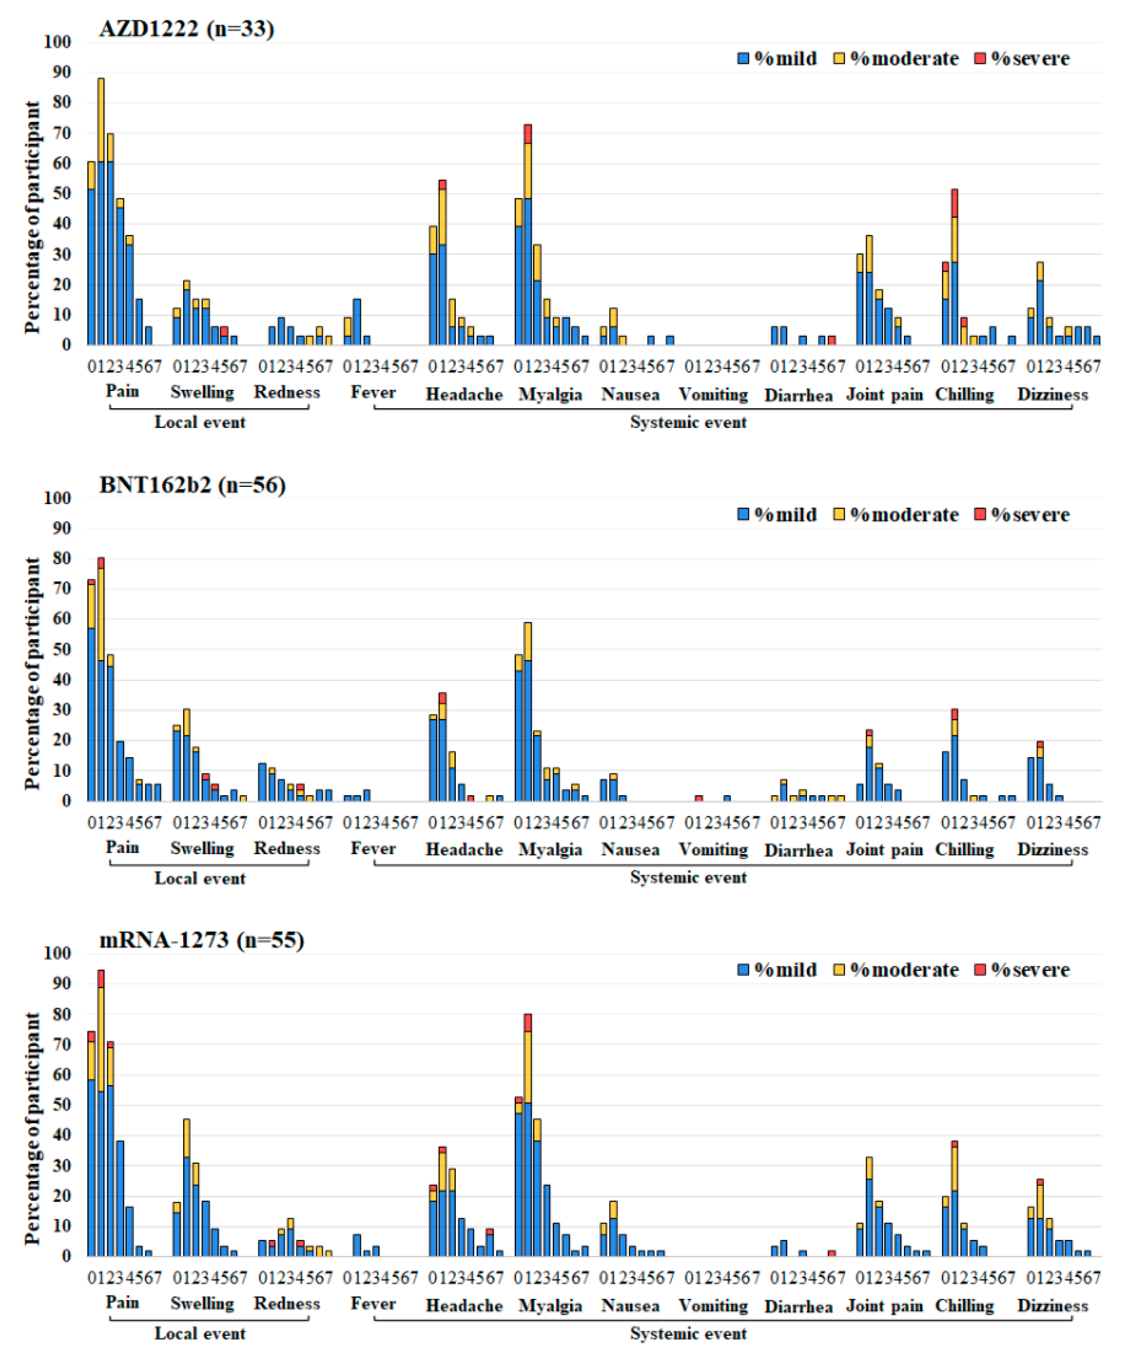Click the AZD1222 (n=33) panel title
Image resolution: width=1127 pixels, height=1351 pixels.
(187, 28)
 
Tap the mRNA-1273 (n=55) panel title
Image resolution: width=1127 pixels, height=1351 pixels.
(202, 940)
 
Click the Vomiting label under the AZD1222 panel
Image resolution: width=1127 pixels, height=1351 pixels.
(714, 394)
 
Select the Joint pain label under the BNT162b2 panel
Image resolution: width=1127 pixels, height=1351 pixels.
(884, 849)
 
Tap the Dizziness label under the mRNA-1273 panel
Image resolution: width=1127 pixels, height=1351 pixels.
(1052, 1306)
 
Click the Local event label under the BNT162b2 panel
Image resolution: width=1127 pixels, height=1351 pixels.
(200, 878)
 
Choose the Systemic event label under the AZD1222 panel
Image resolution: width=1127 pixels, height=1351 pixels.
(688, 422)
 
